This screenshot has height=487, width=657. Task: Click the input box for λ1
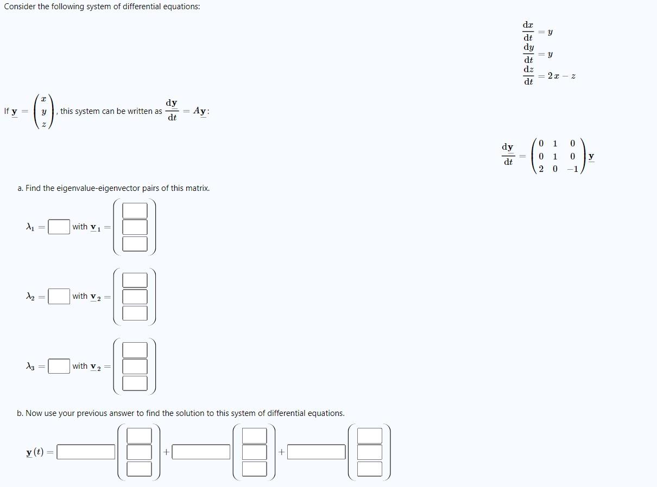(x=59, y=227)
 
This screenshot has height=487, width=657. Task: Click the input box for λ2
(x=59, y=296)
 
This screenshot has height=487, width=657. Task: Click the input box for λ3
(x=59, y=366)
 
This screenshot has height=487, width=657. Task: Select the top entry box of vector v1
(x=135, y=210)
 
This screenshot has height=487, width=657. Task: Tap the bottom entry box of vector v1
(x=135, y=243)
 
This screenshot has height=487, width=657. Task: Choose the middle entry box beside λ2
(x=135, y=297)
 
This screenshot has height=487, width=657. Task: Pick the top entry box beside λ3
(x=135, y=350)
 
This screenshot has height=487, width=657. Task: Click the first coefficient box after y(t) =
(x=86, y=452)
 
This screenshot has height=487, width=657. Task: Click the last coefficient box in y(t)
(x=317, y=452)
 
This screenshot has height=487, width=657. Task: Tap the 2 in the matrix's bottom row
(x=541, y=169)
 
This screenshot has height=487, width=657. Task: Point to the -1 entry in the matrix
(x=571, y=169)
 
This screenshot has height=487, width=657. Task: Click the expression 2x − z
(x=561, y=76)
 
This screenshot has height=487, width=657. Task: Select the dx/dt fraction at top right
(x=528, y=31)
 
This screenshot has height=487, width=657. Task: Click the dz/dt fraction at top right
(x=528, y=76)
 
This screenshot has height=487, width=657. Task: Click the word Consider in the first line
(x=20, y=7)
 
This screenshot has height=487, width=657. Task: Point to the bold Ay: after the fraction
(x=201, y=111)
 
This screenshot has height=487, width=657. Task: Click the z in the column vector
(x=44, y=124)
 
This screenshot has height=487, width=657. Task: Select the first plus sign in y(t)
(x=166, y=452)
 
